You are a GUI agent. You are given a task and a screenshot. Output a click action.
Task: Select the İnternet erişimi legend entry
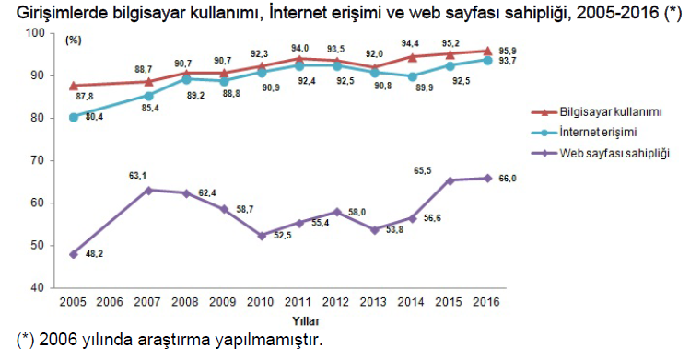coord(599,131)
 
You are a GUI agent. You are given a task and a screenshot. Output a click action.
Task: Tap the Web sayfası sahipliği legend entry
coord(614,152)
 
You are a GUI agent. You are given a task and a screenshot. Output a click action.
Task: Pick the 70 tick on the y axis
coord(37,160)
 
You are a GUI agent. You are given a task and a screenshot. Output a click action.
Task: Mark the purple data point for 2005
coord(73,253)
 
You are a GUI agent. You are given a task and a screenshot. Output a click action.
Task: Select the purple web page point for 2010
coord(261,235)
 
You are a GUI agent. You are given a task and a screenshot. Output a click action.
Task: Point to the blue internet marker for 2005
coord(73,117)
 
